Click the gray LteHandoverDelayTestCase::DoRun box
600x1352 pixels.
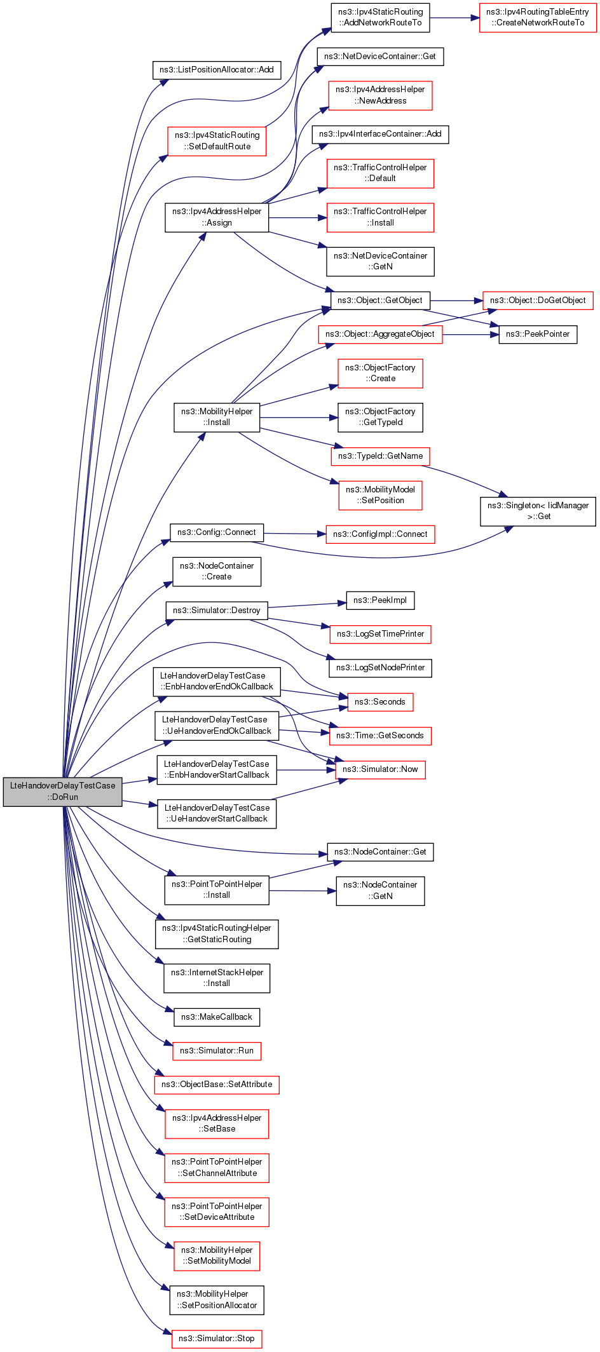click(62, 791)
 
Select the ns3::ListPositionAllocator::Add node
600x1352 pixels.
click(217, 70)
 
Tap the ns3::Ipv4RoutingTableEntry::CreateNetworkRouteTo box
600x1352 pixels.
click(538, 18)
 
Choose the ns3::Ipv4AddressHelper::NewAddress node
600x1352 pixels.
click(380, 95)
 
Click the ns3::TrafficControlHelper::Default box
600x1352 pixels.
click(380, 173)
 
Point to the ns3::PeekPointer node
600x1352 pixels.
click(538, 334)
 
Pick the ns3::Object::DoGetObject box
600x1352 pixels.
click(538, 301)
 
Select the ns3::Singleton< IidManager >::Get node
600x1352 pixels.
click(538, 511)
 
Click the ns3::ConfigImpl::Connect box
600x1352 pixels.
click(380, 534)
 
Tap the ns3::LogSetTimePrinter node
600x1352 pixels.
click(380, 634)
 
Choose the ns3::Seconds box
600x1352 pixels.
click(380, 702)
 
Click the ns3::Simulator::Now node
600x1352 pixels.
click(380, 769)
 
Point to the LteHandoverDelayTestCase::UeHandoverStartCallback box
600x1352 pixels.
click(217, 813)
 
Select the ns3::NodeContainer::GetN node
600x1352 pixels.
click(380, 891)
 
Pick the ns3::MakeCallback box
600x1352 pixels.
click(217, 1017)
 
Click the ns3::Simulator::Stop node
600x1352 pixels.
click(217, 1339)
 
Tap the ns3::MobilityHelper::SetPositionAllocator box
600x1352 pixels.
click(217, 1301)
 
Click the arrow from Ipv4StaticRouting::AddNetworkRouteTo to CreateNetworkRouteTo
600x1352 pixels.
click(454, 18)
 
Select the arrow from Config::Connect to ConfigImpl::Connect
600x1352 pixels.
click(295, 534)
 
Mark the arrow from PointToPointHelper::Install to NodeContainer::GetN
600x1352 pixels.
click(303, 891)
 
